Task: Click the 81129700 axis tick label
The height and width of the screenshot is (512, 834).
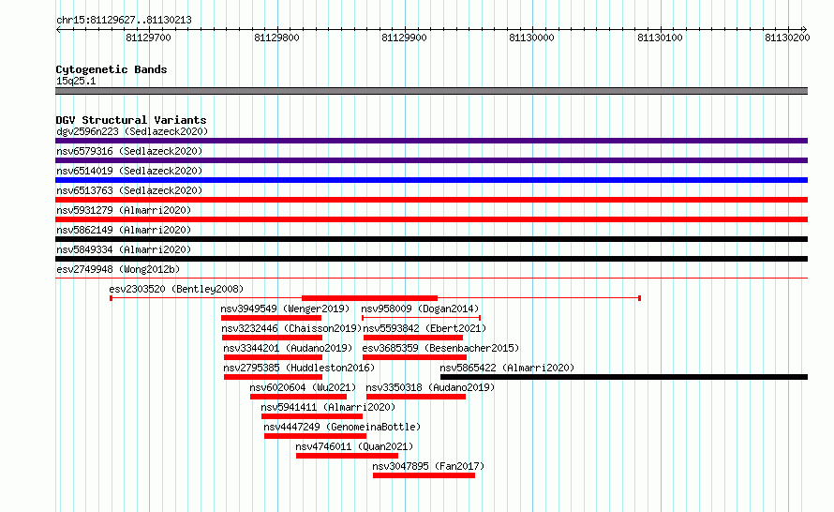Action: [148, 38]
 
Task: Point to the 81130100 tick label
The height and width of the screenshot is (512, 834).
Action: [660, 38]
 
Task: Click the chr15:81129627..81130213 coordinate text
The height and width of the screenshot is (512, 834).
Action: [124, 21]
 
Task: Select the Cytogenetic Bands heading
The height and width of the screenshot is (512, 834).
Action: [112, 69]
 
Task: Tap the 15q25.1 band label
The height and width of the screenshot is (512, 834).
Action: [76, 81]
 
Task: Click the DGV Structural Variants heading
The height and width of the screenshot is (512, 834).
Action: [131, 120]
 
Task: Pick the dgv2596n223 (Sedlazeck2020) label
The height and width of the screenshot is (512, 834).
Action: [132, 131]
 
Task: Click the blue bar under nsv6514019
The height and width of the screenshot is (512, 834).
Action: [431, 180]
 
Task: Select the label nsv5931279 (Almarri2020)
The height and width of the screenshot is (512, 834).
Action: [124, 210]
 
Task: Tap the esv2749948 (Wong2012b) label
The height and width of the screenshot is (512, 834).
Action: [118, 269]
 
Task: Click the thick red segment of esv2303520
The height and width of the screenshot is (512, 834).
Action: [369, 298]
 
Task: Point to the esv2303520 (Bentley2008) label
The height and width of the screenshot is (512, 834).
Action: [176, 289]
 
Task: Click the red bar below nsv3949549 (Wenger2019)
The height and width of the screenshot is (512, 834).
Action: [271, 318]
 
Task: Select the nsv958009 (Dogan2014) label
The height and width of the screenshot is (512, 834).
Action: [420, 309]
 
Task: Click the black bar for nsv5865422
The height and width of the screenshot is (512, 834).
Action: [624, 377]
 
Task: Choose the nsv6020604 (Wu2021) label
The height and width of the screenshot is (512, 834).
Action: [303, 387]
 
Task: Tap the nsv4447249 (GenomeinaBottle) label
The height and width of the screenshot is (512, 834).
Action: [342, 427]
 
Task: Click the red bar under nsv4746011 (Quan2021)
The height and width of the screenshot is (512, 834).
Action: [347, 456]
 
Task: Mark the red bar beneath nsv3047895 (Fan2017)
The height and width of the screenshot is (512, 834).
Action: [424, 475]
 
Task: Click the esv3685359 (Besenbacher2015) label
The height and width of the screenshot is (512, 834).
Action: [440, 348]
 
